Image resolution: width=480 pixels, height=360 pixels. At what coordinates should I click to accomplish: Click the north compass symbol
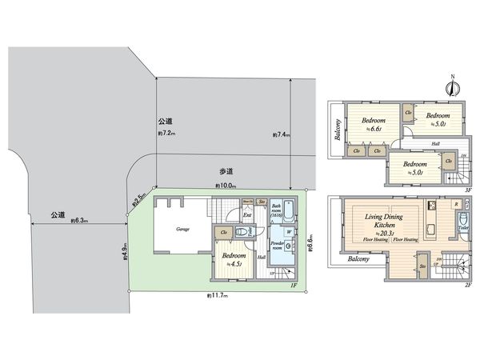coord(452,88)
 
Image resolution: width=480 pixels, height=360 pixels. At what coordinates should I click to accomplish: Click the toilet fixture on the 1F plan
coord(250,229)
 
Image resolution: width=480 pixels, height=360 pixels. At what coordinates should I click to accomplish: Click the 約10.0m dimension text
coord(224,186)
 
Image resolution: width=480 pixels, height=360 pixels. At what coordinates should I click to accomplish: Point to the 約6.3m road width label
coord(78,219)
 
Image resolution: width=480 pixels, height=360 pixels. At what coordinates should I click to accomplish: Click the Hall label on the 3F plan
coord(435,145)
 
